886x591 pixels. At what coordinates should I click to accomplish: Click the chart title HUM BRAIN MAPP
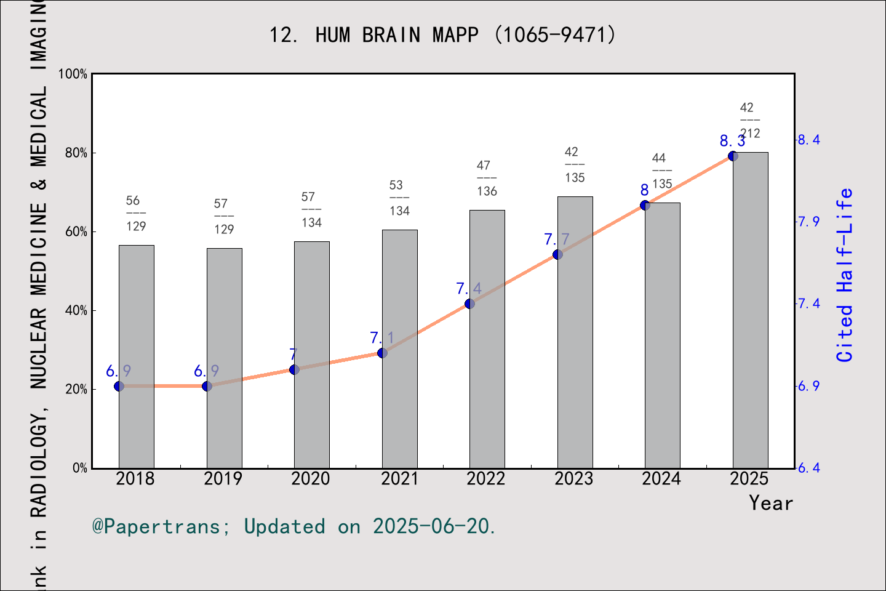442,34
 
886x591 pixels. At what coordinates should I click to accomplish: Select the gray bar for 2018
136,357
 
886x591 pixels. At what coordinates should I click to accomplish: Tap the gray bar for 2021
399,349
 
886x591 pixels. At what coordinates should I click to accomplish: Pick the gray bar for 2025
750,310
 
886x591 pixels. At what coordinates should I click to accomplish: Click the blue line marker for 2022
469,304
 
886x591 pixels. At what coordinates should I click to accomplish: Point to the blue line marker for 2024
645,205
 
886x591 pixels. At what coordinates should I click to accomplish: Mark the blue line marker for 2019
207,386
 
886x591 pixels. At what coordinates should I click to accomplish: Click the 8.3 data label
733,141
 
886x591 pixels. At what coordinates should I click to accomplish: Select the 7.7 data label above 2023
557,239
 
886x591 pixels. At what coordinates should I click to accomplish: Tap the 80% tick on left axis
76,153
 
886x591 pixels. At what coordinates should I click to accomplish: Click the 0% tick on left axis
80,468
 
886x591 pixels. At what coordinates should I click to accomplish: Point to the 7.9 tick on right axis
808,222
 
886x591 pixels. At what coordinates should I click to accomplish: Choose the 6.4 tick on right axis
808,468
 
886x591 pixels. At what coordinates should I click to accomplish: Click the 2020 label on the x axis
311,479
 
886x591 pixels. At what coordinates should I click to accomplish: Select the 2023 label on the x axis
574,479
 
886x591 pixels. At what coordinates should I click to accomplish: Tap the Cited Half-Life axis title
845,275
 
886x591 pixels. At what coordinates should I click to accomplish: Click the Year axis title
771,503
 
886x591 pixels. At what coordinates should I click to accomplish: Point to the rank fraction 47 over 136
486,179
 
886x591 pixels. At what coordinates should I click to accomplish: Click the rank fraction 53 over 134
399,198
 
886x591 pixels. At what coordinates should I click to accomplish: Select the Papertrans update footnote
294,526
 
